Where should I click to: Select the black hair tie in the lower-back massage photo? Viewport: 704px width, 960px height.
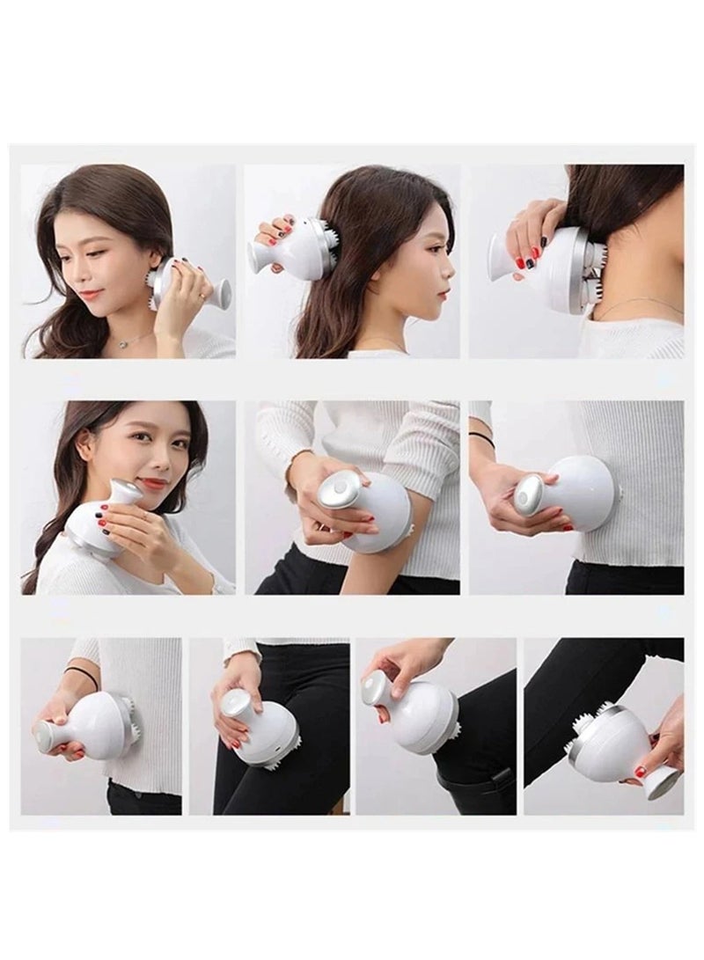[x=81, y=675]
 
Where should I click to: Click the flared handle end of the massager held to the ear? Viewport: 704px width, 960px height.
[x=223, y=290]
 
